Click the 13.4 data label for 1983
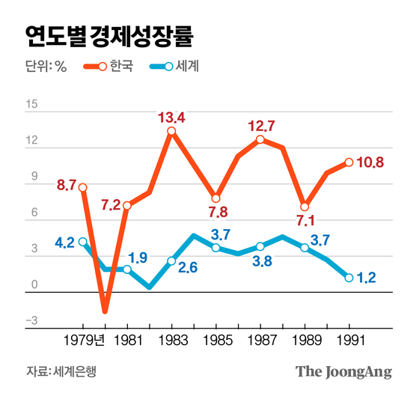click(x=171, y=117)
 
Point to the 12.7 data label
click(x=262, y=125)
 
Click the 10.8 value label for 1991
click(x=370, y=162)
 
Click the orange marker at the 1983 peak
click(x=171, y=132)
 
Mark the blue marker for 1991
click(x=349, y=278)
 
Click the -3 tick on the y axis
click(x=31, y=321)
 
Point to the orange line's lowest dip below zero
click(x=105, y=310)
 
